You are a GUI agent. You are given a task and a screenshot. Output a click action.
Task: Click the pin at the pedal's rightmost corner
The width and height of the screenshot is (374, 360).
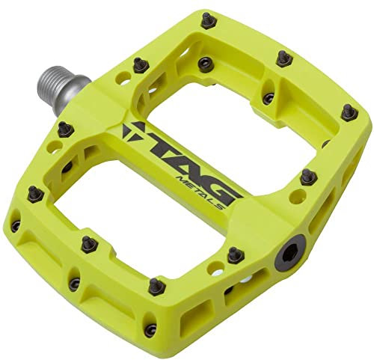[346, 112]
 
